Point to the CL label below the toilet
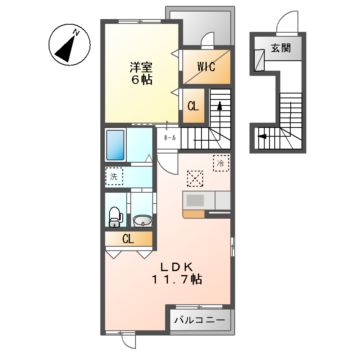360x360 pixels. coord(128,238)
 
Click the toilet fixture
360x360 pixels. coord(115,214)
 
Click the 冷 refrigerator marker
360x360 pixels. coord(219,160)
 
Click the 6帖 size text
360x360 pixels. coord(139,82)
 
